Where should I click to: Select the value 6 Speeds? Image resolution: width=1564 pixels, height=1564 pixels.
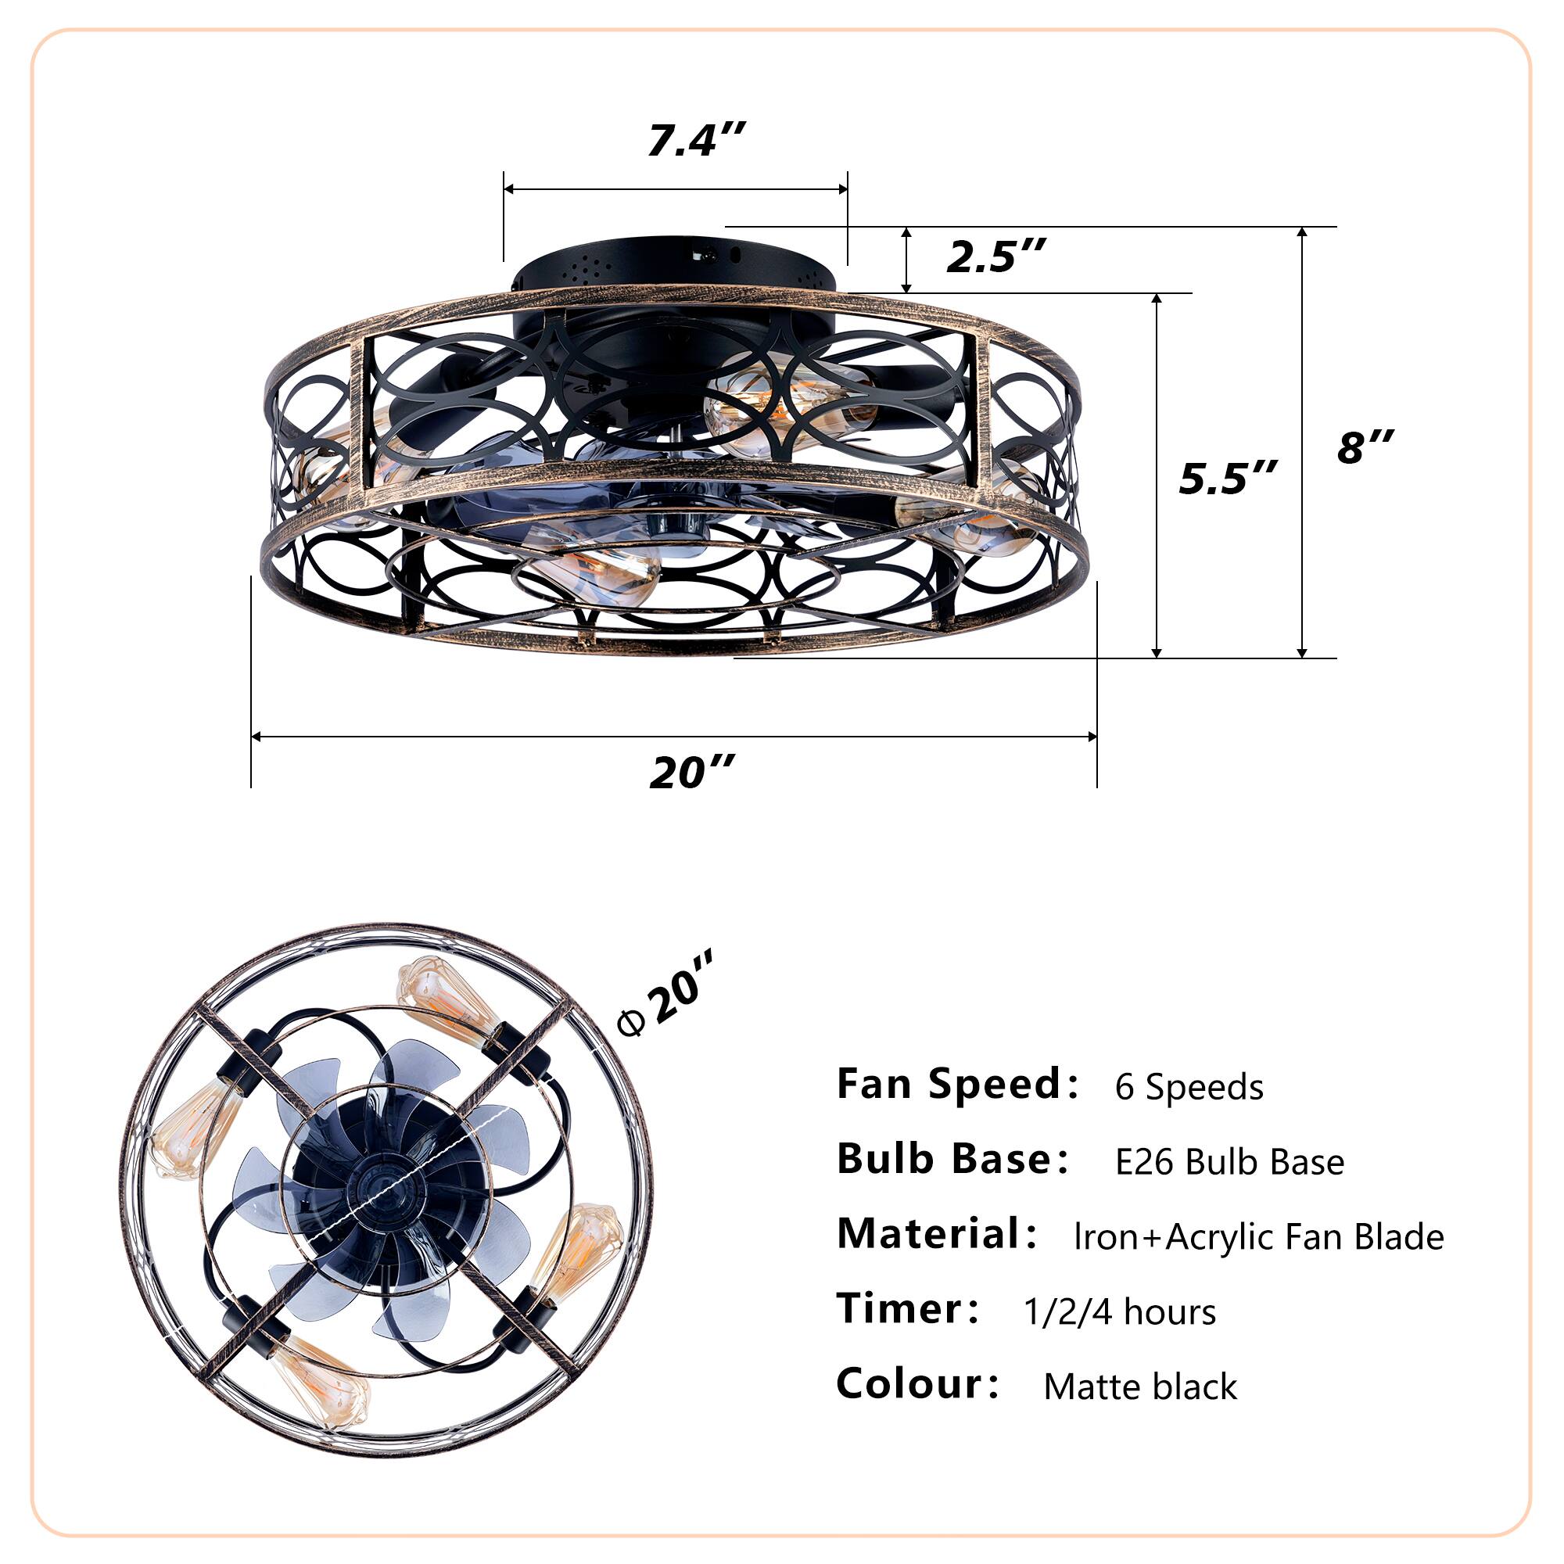click(x=1189, y=1086)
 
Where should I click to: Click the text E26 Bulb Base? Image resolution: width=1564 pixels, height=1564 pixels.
click(x=1229, y=1162)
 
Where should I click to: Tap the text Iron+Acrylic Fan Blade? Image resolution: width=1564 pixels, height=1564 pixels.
click(x=1258, y=1237)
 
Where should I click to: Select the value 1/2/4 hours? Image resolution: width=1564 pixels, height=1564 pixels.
click(x=1119, y=1311)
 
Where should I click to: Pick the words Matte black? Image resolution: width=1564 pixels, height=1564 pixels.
click(x=1140, y=1386)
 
